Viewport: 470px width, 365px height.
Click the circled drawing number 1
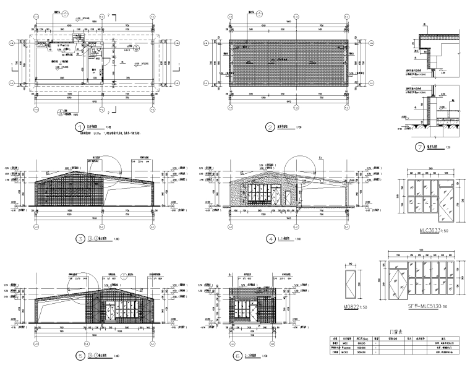pos(79,128)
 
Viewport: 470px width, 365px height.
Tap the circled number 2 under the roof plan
pos(270,128)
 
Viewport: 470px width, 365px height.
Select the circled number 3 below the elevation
pos(79,238)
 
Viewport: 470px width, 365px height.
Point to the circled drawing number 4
pos(270,238)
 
